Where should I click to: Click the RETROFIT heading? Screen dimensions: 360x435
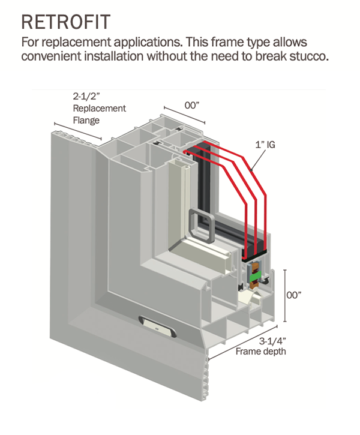(x=66, y=22)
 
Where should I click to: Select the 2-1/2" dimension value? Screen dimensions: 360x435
(x=86, y=96)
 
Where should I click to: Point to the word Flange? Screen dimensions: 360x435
(x=86, y=121)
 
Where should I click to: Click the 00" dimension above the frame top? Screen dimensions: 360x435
(x=192, y=106)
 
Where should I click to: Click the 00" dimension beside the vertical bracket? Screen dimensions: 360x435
(x=294, y=295)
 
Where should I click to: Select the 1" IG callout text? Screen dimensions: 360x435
(x=265, y=145)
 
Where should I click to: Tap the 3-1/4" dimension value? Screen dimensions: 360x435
(x=272, y=340)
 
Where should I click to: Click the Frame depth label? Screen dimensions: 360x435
(x=261, y=352)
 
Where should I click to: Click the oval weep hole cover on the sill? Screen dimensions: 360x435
(x=158, y=326)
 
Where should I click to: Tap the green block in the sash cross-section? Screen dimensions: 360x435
(x=255, y=277)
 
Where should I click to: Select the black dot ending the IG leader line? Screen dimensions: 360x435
(x=251, y=170)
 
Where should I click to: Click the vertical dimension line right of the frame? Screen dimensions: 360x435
(x=285, y=296)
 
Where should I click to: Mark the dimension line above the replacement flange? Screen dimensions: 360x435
(x=78, y=131)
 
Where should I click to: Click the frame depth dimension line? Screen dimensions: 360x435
(x=243, y=343)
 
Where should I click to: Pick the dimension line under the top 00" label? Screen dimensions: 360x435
(x=184, y=115)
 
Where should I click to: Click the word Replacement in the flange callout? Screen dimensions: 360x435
(x=99, y=109)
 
